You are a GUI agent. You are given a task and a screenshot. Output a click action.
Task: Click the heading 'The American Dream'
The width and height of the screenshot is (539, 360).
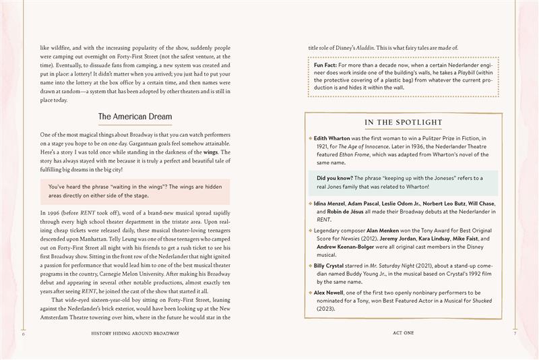click(135, 117)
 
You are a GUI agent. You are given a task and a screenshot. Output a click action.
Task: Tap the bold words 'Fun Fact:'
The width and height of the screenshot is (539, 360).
click(329, 65)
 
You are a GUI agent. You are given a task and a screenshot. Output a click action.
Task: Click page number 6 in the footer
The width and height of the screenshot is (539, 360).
click(24, 333)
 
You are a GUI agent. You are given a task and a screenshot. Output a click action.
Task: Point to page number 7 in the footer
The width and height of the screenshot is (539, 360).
click(514, 333)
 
